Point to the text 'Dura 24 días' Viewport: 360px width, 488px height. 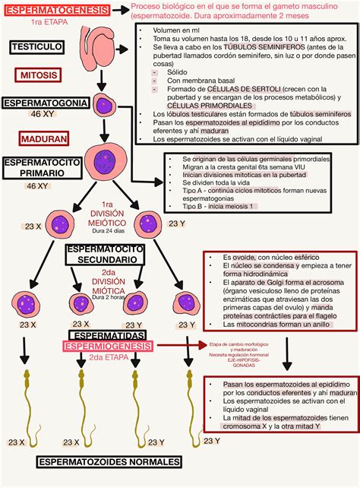pyautogui.click(x=106, y=230)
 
